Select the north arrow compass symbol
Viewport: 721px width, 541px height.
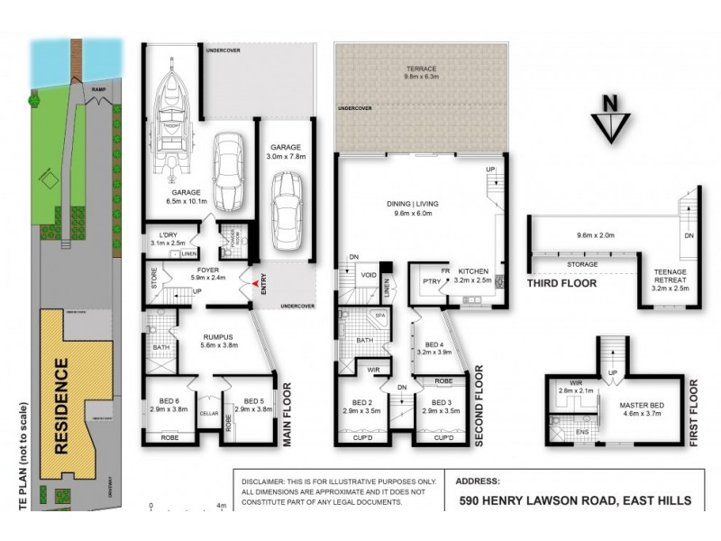point(610,120)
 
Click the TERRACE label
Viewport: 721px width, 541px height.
point(420,69)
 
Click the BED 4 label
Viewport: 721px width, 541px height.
point(437,344)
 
